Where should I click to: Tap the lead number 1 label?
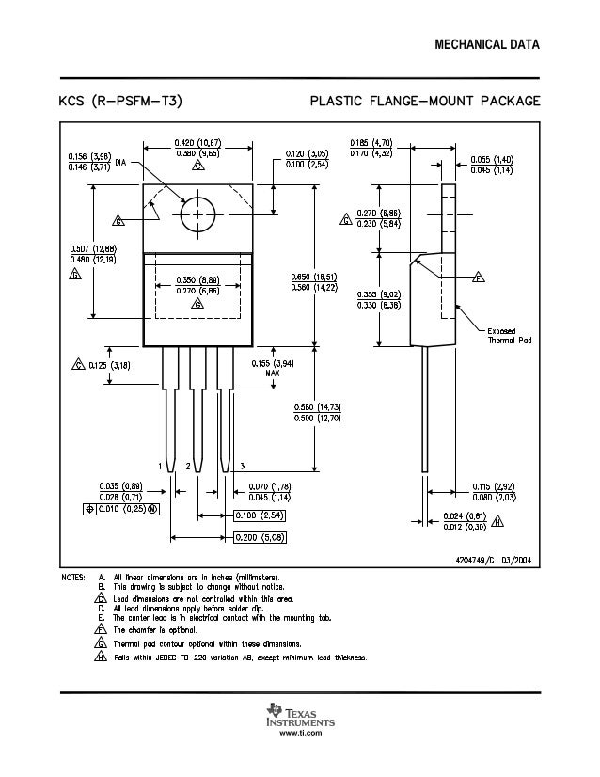pos(161,466)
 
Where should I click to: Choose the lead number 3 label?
pos(243,466)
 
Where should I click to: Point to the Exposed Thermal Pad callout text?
pos(509,335)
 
